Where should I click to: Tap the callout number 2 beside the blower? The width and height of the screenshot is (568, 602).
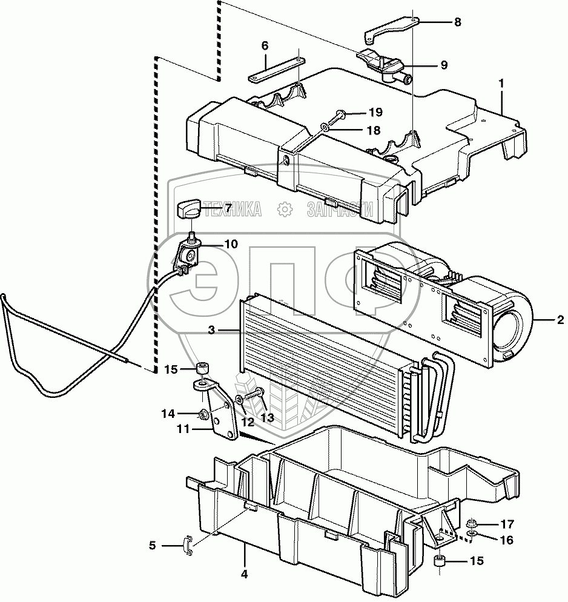click(x=560, y=319)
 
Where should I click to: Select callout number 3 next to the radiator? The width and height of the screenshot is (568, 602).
click(x=211, y=330)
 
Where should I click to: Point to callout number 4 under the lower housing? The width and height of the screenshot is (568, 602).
click(x=245, y=574)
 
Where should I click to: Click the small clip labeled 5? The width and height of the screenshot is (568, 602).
click(x=187, y=545)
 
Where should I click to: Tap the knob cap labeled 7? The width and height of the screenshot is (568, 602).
click(x=190, y=210)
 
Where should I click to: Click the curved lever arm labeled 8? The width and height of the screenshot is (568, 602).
click(x=391, y=27)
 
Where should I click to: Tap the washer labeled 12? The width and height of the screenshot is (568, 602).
click(x=240, y=400)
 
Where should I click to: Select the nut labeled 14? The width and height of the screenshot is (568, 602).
click(x=203, y=415)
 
